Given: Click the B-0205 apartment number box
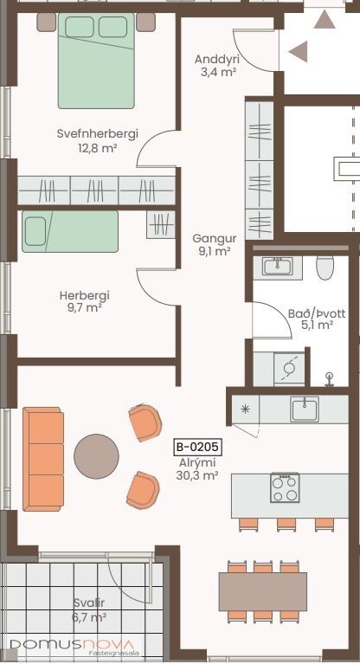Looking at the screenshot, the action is (198, 447).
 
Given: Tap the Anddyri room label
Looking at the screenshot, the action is (217, 59).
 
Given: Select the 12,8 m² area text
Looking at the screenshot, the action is (98, 148).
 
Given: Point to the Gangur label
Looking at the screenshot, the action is (215, 238).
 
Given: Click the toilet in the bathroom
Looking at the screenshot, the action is (325, 268).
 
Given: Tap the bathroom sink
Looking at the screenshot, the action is (277, 268).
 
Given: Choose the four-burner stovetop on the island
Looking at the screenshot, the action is (285, 488).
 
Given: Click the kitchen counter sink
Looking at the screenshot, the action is (304, 409).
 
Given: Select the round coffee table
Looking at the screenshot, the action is (96, 456).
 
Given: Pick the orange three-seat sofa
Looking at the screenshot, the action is (43, 460).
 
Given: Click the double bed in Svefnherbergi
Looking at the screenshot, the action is (96, 61).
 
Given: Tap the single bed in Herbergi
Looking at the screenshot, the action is (70, 232).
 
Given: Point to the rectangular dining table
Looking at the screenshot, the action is (262, 591).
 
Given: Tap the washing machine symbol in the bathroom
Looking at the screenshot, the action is (289, 369).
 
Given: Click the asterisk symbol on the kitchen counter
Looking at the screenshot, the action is (245, 409).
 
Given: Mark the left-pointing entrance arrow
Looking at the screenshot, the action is (299, 52).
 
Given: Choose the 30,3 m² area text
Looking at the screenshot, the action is (197, 475).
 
